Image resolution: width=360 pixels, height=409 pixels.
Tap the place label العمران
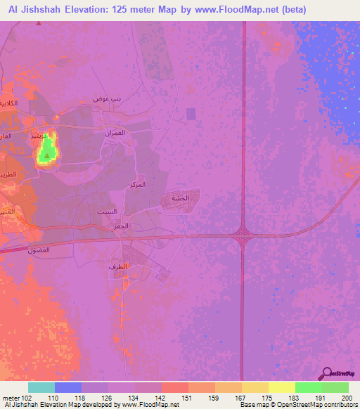pyautogui.click(x=114, y=133)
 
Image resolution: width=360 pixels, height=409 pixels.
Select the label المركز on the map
pyautogui.click(x=138, y=184)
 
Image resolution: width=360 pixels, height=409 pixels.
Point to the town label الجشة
pyautogui.click(x=180, y=198)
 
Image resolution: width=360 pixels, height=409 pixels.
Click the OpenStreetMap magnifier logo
pyautogui.click(x=327, y=372)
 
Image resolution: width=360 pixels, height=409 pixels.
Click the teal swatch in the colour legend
pyautogui.click(x=41, y=387)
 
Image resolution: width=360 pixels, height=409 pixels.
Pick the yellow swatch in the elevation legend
pyautogui.click(x=281, y=387)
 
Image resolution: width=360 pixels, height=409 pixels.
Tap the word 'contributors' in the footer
pyautogui.click(x=340, y=405)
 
